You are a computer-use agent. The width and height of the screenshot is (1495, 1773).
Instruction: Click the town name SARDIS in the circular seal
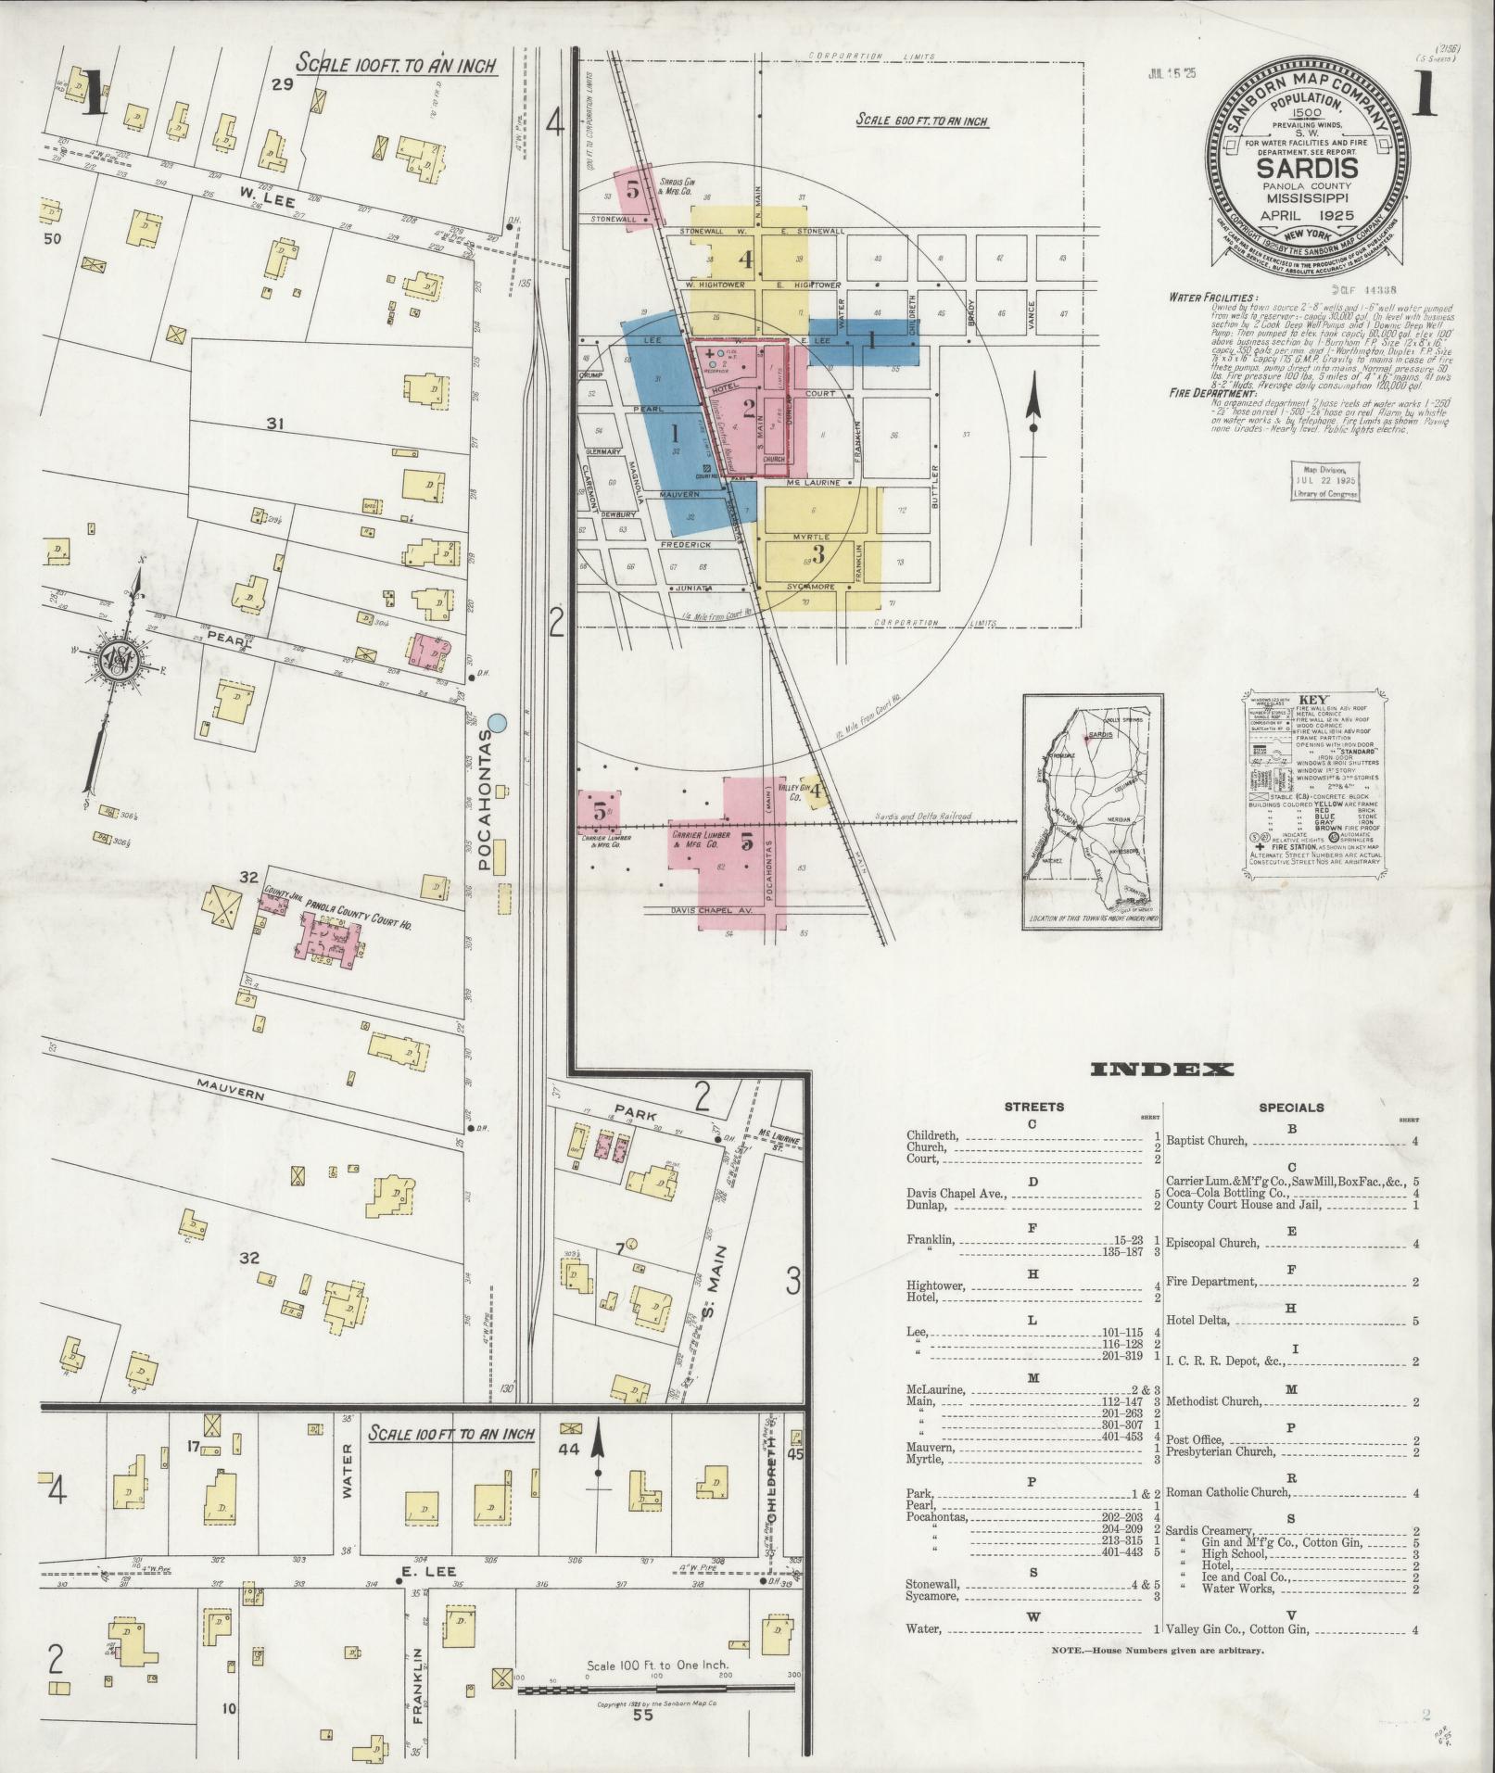point(1307,169)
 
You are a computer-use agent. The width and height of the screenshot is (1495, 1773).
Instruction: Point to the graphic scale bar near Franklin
point(654,1689)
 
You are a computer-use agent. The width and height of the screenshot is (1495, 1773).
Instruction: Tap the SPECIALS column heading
point(1291,1107)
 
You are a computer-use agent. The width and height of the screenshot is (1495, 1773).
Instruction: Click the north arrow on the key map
point(1033,408)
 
